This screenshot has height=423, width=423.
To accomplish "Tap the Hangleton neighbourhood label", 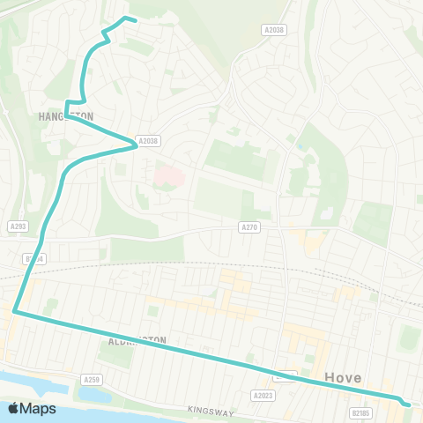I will coord(65,115).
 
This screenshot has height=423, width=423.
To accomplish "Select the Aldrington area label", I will coord(137,339).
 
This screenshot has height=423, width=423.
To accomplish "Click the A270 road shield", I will coord(250,227).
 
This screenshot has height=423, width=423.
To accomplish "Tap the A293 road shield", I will coord(17,226).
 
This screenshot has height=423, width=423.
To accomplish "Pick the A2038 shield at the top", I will coord(274,29).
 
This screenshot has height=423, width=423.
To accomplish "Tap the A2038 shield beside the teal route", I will coord(148,141).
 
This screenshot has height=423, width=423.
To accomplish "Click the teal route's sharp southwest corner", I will coord(14,311).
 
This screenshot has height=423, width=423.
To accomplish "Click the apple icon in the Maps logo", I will coord(14,408).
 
